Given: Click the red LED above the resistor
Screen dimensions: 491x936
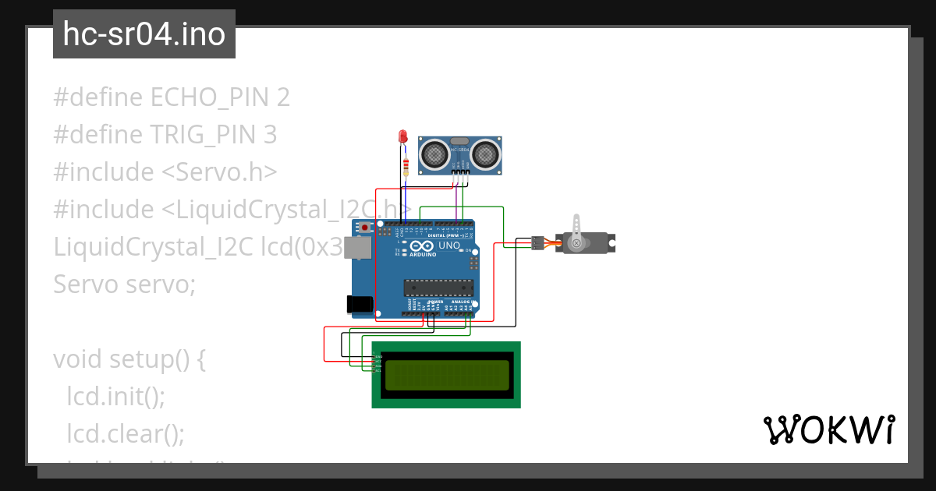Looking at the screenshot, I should point(403,137).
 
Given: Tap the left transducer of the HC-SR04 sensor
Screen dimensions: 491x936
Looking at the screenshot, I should point(435,154).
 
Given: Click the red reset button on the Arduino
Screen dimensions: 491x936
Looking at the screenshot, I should point(364,228).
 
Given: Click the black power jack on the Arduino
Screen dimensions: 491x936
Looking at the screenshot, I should point(360,305).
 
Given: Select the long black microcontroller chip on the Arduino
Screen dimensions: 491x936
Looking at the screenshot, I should point(438,288).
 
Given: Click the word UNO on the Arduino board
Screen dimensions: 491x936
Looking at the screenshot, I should point(449,245).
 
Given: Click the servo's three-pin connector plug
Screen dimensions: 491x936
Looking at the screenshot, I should point(537,242).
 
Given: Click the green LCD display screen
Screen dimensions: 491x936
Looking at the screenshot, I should point(446,374).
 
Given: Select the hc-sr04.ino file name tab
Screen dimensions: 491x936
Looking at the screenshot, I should point(144,34).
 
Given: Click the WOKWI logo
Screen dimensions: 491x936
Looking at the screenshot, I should point(828,429).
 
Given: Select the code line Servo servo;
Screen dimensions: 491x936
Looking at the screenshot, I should point(124,284).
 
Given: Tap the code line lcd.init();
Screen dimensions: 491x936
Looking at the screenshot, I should point(115,396).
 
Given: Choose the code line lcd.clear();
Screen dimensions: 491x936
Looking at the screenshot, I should point(125,433).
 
